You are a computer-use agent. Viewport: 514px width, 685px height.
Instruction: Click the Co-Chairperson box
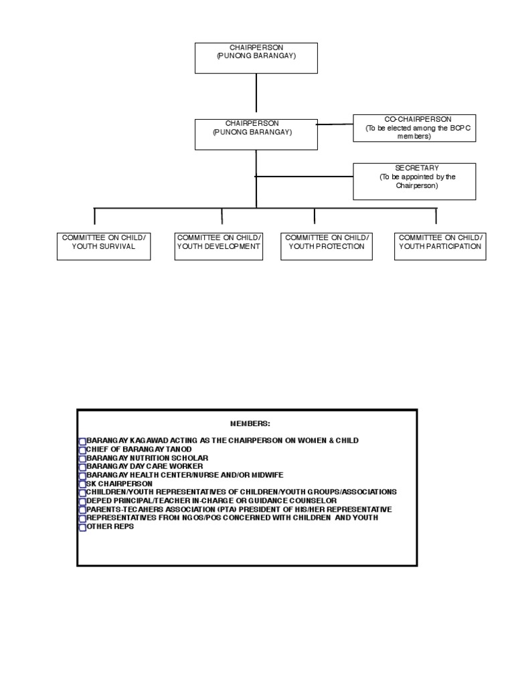click(414, 128)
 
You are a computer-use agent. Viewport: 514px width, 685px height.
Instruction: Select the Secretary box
click(414, 181)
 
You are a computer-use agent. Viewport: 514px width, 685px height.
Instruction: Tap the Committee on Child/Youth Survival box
click(104, 246)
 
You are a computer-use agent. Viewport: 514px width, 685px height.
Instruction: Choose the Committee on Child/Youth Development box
click(218, 246)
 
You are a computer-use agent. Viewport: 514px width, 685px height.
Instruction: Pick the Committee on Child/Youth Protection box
click(327, 246)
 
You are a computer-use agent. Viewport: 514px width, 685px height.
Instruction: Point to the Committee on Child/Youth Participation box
click(440, 246)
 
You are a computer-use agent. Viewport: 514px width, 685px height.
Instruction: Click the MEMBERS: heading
click(250, 423)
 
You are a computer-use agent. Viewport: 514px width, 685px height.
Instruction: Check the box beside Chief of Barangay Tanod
click(82, 450)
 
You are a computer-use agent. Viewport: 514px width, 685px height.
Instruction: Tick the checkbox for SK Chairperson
click(82, 484)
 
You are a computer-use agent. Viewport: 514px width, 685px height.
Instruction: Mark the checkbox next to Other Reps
click(82, 527)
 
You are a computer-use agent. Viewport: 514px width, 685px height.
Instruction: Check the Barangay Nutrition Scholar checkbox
click(82, 458)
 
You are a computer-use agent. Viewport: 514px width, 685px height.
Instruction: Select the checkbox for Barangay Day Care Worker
click(82, 467)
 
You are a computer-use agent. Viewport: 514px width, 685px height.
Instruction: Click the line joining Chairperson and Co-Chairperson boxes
click(335, 124)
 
